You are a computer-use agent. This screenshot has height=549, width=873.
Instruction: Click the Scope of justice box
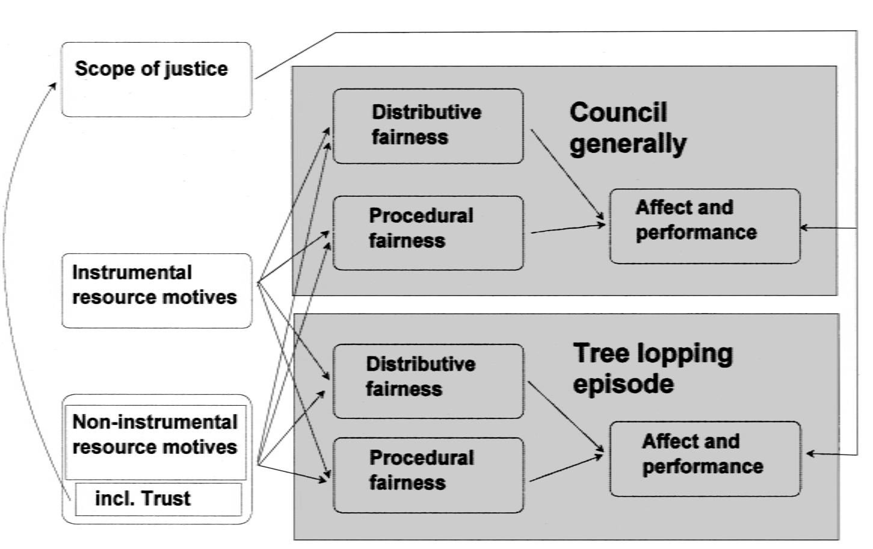pos(156,79)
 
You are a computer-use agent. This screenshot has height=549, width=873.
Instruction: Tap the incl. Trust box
pos(158,499)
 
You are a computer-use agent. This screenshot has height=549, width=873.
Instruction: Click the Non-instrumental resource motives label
pos(155,435)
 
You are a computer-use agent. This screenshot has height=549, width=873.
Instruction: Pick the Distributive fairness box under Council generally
pos(428,126)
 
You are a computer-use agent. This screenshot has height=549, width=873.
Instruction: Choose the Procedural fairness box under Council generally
pos(428,232)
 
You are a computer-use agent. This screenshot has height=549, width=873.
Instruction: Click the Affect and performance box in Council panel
pos(705,226)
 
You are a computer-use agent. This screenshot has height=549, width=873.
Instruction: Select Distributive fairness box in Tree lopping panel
pos(428,381)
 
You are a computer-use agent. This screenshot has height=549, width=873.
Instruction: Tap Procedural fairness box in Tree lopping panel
pos(428,475)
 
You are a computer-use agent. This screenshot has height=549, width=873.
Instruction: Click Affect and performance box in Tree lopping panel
pos(705,459)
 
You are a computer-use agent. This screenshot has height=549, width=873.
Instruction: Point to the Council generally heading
pos(628,128)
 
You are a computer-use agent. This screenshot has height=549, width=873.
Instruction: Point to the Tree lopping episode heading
pos(653,368)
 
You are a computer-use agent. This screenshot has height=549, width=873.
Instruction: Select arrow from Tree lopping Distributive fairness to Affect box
pos(565,416)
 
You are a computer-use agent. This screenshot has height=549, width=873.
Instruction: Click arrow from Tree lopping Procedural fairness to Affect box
pos(566,468)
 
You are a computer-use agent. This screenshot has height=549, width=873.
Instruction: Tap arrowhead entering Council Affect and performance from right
pos(804,228)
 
